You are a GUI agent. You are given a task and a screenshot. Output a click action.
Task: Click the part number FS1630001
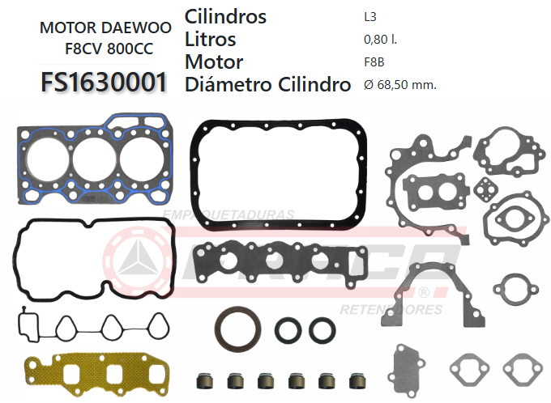105,82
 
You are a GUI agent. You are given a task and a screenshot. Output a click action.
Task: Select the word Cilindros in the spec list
225,16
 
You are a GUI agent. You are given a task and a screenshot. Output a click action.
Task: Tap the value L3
370,16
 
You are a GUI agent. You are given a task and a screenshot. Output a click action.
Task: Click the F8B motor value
374,62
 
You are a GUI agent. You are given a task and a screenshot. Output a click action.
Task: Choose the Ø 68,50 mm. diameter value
400,84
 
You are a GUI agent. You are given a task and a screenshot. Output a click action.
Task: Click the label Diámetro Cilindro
267,84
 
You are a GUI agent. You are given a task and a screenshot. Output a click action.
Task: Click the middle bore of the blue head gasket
94,157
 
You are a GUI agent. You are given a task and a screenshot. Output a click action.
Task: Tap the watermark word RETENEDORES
391,310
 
